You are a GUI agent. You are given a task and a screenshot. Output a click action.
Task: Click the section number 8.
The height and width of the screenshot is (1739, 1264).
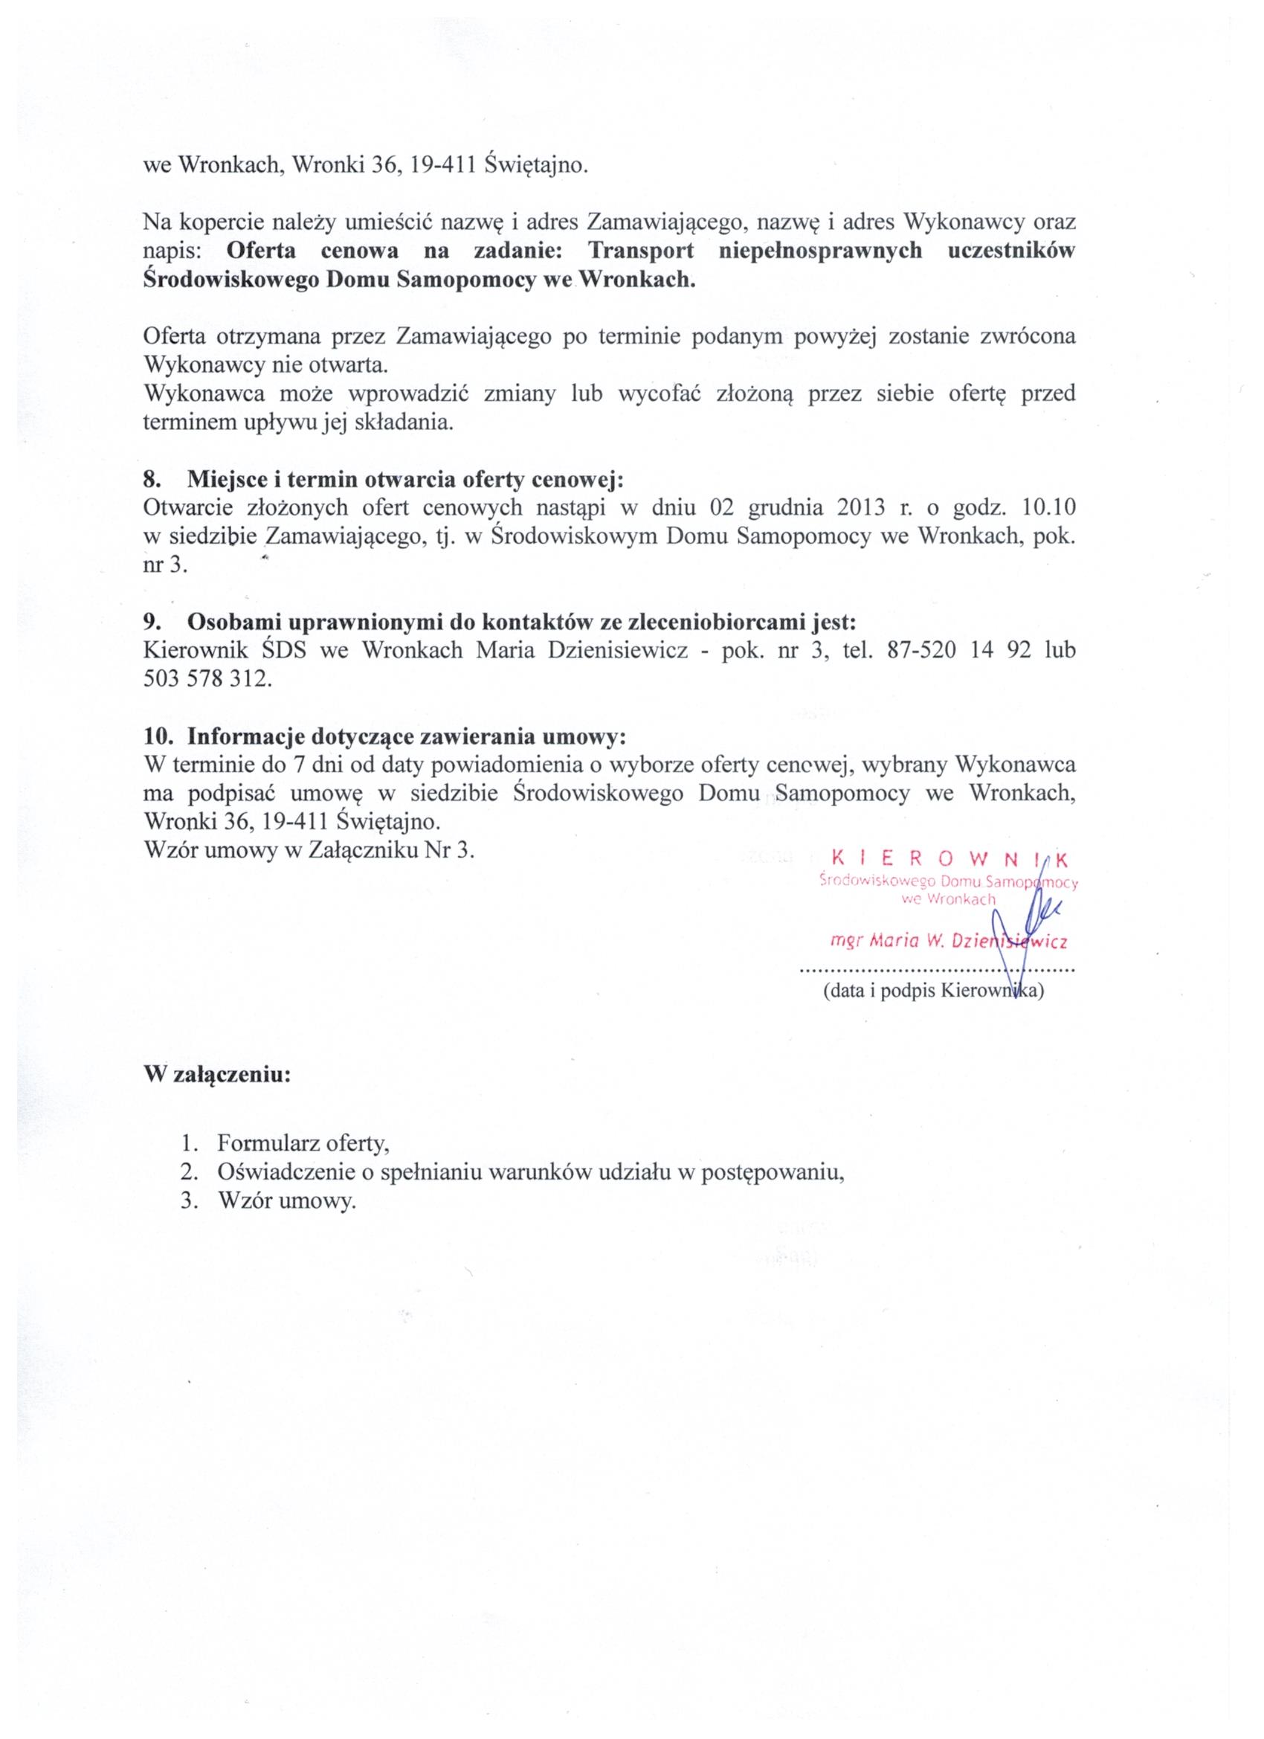(151, 479)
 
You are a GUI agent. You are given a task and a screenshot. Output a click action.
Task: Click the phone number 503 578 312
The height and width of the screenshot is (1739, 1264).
(207, 679)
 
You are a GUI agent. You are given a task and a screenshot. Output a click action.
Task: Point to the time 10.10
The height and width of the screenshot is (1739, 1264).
(1049, 507)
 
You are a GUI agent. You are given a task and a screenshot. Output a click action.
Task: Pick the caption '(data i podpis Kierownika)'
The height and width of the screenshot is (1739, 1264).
(933, 991)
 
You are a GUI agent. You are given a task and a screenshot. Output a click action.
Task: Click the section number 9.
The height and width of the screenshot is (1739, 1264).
(151, 621)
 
